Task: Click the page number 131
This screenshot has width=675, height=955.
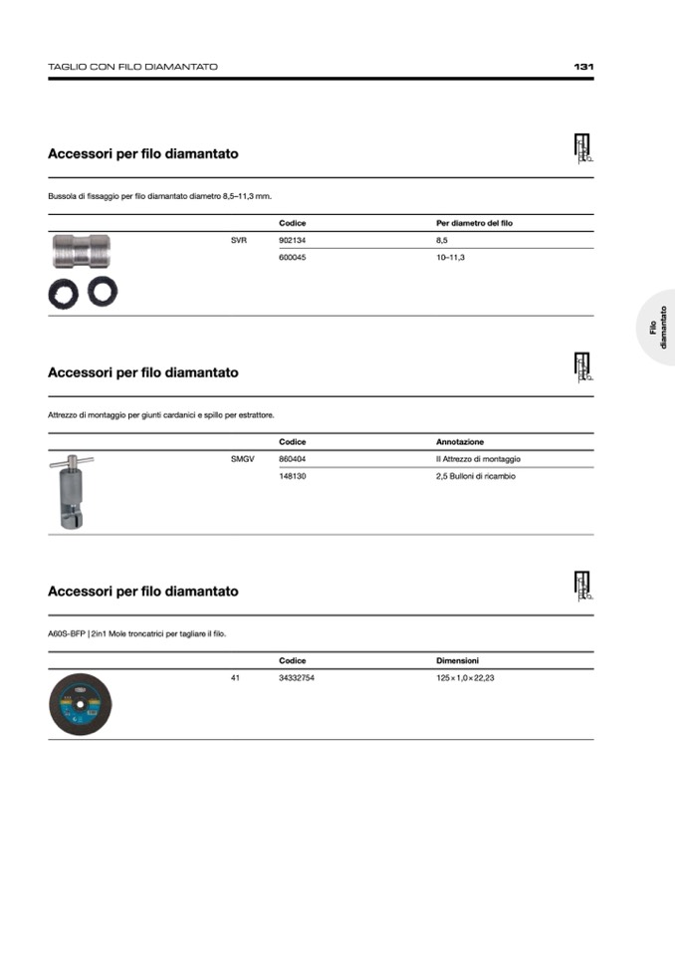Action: pos(583,67)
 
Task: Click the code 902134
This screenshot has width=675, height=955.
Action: pos(293,241)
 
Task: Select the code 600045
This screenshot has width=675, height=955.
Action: pos(293,258)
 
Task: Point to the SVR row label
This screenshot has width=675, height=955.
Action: pos(238,241)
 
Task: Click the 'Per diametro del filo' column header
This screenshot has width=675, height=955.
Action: pos(474,223)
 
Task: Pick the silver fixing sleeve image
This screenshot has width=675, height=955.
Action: pos(82,252)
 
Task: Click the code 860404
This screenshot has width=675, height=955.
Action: pos(293,459)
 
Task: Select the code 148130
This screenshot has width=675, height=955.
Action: pos(293,476)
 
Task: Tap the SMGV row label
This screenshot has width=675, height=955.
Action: pos(242,459)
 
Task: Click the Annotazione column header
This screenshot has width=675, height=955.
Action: pos(460,441)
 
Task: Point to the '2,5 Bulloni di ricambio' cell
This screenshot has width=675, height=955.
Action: pos(476,476)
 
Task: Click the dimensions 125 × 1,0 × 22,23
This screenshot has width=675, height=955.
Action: pos(466,678)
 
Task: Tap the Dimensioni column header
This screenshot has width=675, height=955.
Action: pos(458,660)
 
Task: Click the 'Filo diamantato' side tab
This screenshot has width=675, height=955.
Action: pos(658,328)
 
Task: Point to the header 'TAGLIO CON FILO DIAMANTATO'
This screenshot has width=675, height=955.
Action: pos(132,67)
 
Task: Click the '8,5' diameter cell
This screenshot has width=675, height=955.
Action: pos(442,241)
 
